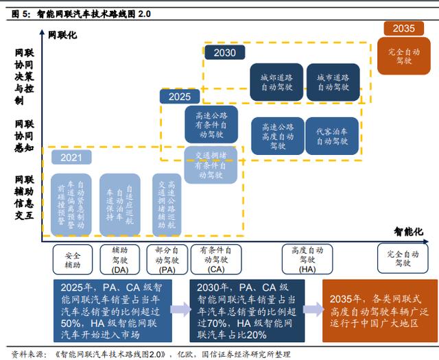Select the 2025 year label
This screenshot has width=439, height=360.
pyautogui.click(x=179, y=96)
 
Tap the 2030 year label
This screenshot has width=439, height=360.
pyautogui.click(x=224, y=53)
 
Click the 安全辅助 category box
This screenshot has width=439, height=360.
pyautogui.click(x=72, y=259)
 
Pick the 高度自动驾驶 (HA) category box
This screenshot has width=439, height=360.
pyautogui.click(x=307, y=260)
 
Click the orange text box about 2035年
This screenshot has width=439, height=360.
pyautogui.click(x=380, y=309)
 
